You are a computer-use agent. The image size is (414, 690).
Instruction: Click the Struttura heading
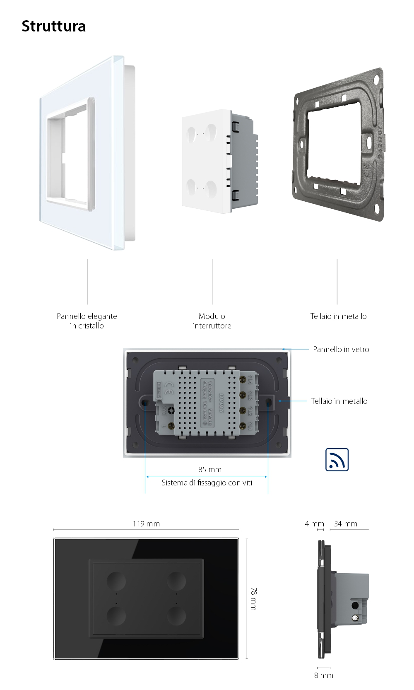[x=53, y=26]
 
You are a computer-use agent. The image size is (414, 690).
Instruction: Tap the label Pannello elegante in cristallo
[x=87, y=321]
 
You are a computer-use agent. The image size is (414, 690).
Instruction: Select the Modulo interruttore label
[x=212, y=321]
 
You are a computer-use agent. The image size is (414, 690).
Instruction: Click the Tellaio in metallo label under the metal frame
[x=338, y=316]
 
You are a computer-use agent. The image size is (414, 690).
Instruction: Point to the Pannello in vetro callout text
[x=341, y=349]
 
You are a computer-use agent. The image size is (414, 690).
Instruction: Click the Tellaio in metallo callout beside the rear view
[x=339, y=401]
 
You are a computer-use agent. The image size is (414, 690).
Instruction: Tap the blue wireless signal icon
[x=337, y=460]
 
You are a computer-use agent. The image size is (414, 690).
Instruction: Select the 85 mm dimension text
[x=209, y=469]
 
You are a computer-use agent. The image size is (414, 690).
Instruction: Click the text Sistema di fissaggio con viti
[x=207, y=483]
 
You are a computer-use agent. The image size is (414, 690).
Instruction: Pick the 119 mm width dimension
[x=146, y=524]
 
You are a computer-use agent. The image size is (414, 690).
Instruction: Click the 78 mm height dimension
[x=253, y=598]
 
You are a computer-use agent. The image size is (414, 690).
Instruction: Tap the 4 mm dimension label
[x=314, y=524]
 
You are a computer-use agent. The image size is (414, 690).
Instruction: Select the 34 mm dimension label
[x=345, y=524]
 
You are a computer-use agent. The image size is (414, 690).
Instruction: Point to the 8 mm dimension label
[x=323, y=675]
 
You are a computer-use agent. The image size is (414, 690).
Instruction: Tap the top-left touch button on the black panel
[x=116, y=580]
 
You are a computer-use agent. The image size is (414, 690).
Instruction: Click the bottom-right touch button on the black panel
[x=176, y=615]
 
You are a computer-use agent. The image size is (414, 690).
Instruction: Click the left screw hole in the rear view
[x=145, y=402]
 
